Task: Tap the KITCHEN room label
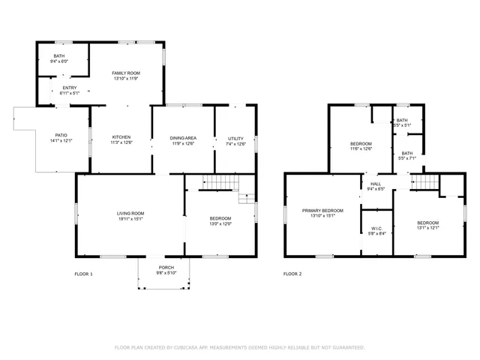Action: [121, 137]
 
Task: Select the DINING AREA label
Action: [183, 137]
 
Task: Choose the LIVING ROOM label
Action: [129, 214]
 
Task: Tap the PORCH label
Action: [166, 268]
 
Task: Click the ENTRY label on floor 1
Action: [59, 88]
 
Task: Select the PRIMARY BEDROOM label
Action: [322, 210]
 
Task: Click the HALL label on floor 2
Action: [375, 184]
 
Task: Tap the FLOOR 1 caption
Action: [83, 274]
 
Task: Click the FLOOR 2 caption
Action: [292, 274]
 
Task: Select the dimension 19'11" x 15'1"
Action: [129, 219]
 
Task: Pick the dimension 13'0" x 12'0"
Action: [220, 223]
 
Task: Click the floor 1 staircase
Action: [221, 183]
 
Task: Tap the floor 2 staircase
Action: [426, 182]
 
